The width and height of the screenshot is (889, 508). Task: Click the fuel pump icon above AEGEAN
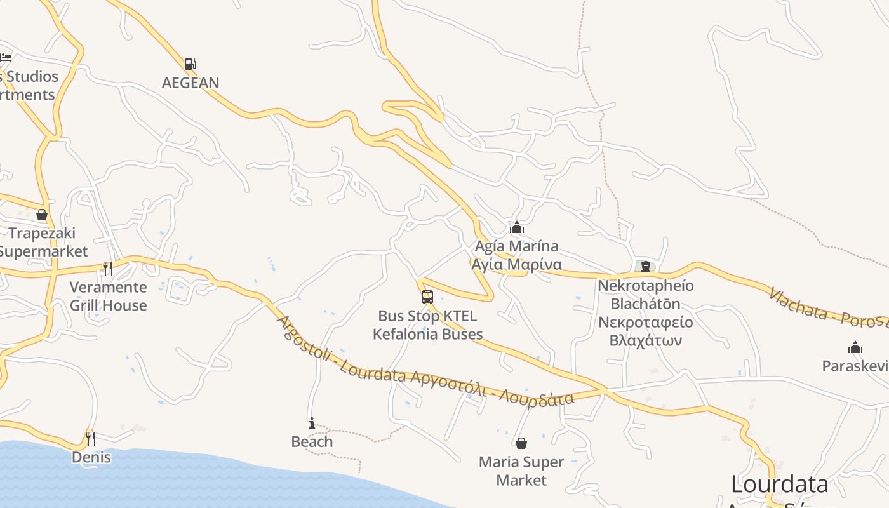pyautogui.click(x=190, y=64)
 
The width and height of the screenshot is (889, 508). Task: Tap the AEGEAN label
pyautogui.click(x=190, y=83)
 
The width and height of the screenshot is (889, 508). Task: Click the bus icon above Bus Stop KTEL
pyautogui.click(x=427, y=297)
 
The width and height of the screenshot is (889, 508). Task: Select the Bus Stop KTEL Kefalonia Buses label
pyautogui.click(x=427, y=325)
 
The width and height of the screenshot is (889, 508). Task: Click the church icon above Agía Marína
pyautogui.click(x=518, y=227)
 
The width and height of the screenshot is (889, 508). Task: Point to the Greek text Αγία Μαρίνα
pyautogui.click(x=516, y=264)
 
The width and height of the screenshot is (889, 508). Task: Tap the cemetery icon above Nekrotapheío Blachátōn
pyautogui.click(x=646, y=267)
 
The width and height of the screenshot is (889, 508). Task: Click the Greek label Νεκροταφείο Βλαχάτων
pyautogui.click(x=646, y=331)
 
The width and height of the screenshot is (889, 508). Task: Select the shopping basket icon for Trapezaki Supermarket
pyautogui.click(x=42, y=215)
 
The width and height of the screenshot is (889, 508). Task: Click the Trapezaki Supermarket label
pyautogui.click(x=42, y=242)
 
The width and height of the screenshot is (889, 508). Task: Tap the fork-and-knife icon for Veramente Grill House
pyautogui.click(x=108, y=269)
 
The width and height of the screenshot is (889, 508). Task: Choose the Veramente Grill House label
pyautogui.click(x=108, y=296)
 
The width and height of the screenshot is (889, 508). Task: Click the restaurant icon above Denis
pyautogui.click(x=91, y=438)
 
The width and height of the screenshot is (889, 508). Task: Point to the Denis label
pyautogui.click(x=91, y=457)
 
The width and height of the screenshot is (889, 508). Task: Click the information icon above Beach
pyautogui.click(x=311, y=423)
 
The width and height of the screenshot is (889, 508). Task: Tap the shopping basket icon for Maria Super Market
pyautogui.click(x=521, y=443)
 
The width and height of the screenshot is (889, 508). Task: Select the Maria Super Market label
pyautogui.click(x=521, y=471)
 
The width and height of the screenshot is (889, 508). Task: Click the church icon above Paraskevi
pyautogui.click(x=855, y=347)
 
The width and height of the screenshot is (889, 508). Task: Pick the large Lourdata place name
pyautogui.click(x=779, y=485)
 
